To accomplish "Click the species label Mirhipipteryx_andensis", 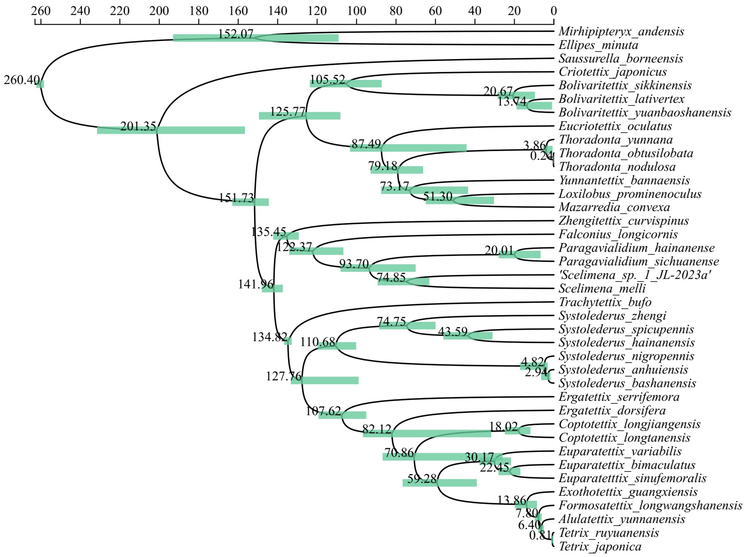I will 621,31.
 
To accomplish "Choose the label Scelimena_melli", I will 602,289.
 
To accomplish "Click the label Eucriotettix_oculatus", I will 615,126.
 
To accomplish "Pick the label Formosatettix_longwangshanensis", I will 650,506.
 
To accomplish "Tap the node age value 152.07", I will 235,34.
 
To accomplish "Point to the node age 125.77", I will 287,111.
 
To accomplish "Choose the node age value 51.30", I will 438,196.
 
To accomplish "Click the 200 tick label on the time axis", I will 159,11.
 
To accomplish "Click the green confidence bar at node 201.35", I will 202,130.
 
